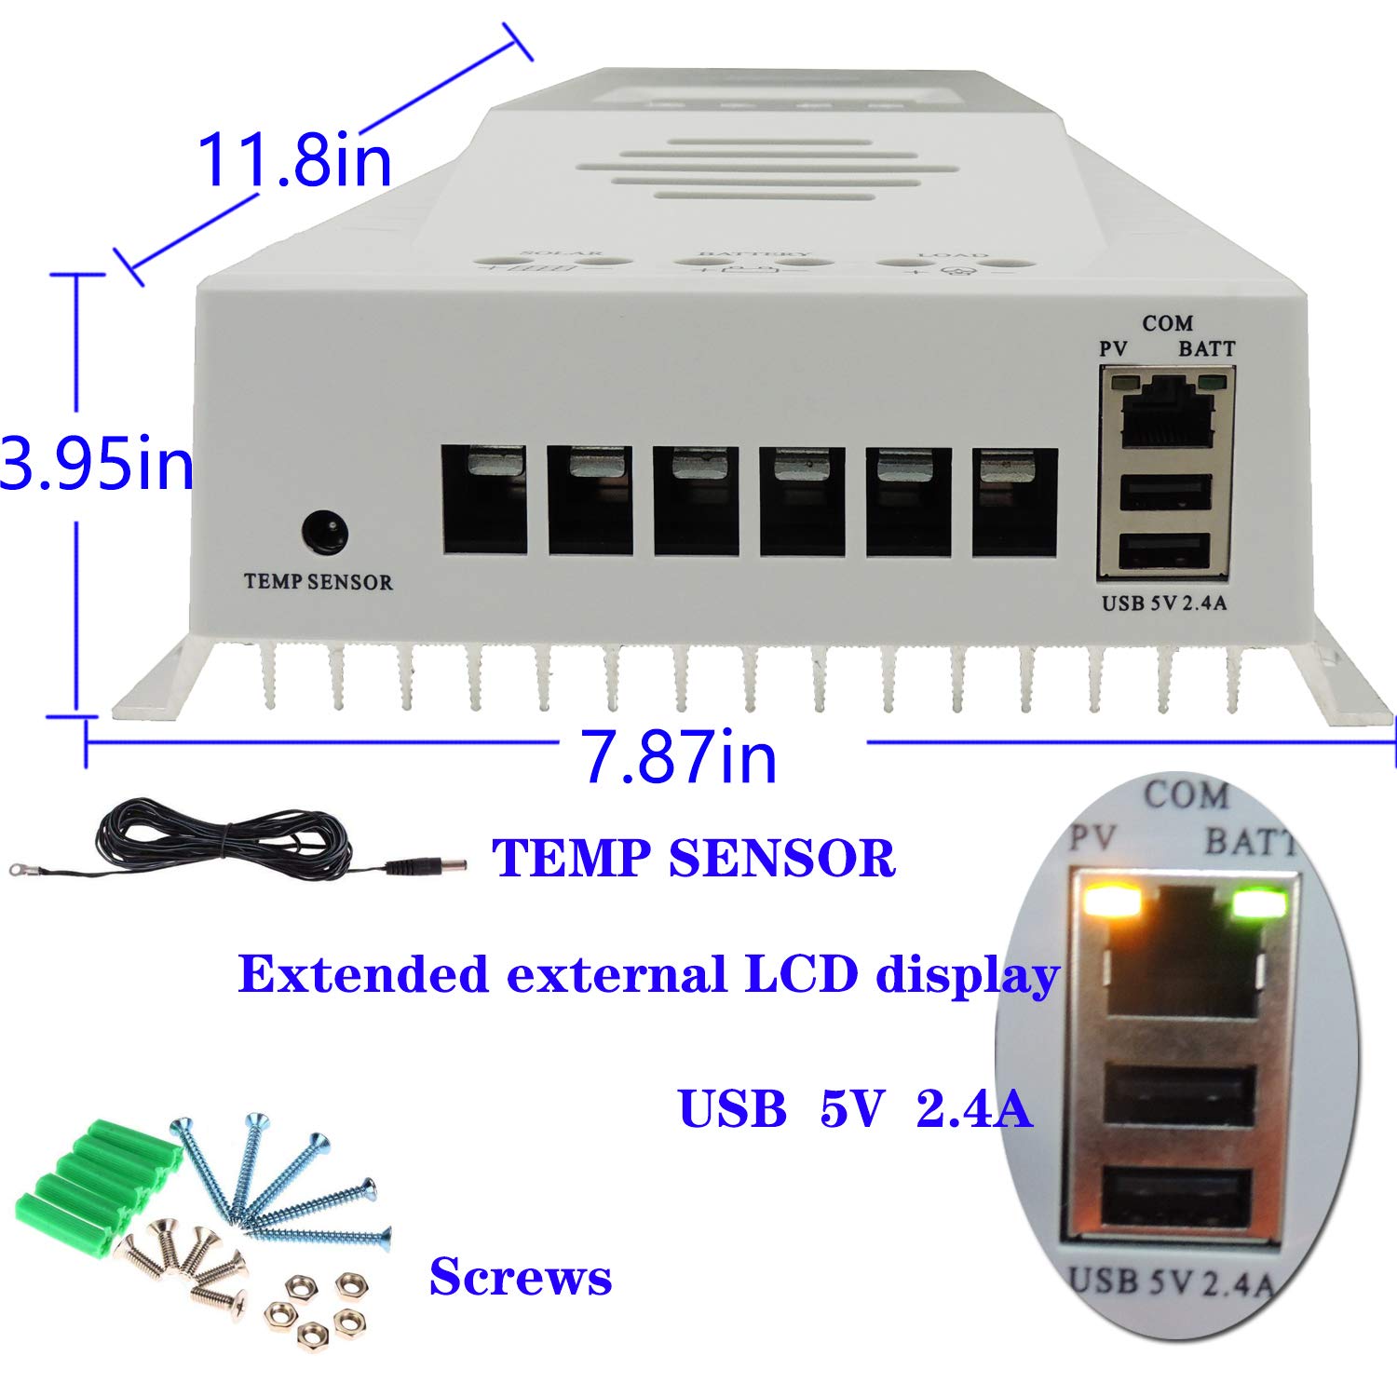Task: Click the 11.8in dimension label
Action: click(x=294, y=159)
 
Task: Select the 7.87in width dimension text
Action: click(x=680, y=756)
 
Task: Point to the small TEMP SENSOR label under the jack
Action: click(x=318, y=583)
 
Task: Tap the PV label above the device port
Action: click(x=1114, y=349)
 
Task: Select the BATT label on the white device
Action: click(x=1206, y=349)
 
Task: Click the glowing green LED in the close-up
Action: click(x=1259, y=903)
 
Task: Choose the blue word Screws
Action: click(x=520, y=1277)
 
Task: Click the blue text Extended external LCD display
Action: click(x=648, y=975)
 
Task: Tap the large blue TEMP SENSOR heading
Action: click(x=693, y=858)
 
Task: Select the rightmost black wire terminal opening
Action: click(x=1014, y=503)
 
